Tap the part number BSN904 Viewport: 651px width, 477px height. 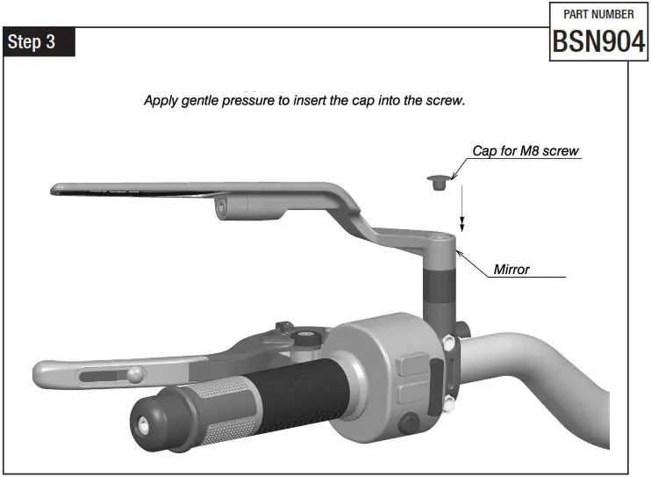(x=598, y=41)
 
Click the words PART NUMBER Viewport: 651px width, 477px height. (x=598, y=14)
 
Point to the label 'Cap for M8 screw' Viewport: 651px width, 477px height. (x=526, y=151)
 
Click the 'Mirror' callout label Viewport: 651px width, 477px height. (x=511, y=269)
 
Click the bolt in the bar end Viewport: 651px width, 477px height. (x=141, y=423)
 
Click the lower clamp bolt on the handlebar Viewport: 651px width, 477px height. (x=450, y=404)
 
